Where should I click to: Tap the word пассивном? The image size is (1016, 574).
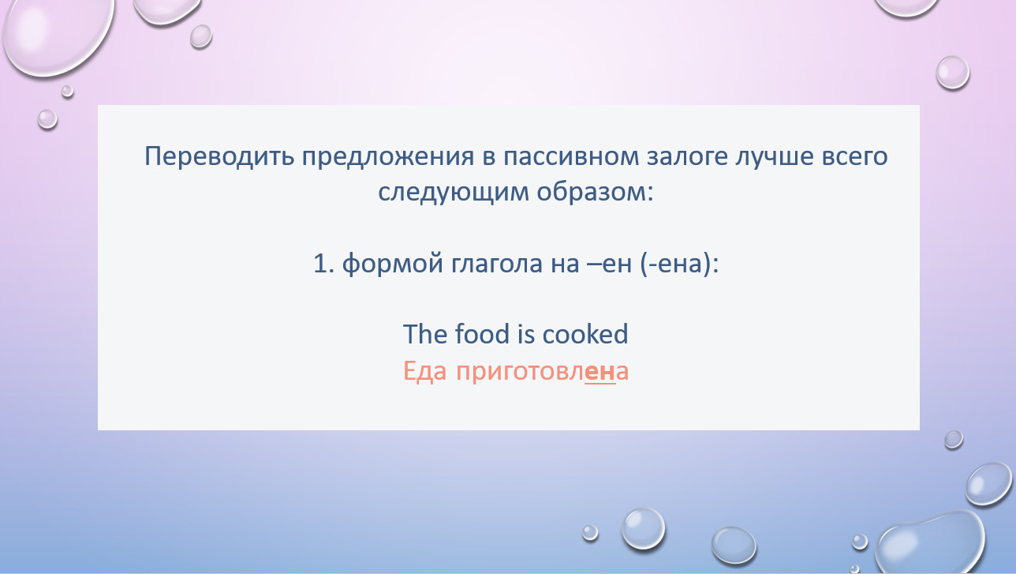570,156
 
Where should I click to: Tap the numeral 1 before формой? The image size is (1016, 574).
321,264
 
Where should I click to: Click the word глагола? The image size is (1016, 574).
497,264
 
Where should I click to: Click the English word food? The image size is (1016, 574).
482,334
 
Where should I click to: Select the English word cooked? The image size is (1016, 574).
585,334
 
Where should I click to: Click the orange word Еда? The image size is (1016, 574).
424,371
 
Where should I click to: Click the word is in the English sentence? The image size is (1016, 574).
525,334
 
